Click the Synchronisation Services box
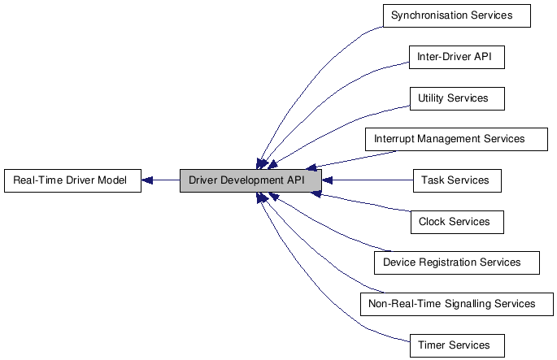pyautogui.click(x=455, y=15)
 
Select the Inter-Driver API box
pyautogui.click(x=456, y=57)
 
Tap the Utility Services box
pyautogui.click(x=456, y=98)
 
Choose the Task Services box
pyautogui.click(x=456, y=180)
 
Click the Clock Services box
pyautogui.click(x=456, y=222)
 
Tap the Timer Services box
pyautogui.click(x=456, y=345)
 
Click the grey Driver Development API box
pyautogui.click(x=250, y=180)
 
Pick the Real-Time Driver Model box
pyautogui.click(x=71, y=180)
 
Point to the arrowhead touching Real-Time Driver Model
pyautogui.click(x=147, y=180)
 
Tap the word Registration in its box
pyautogui.click(x=450, y=262)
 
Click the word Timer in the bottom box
pyautogui.click(x=432, y=345)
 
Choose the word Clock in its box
pyautogui.click(x=433, y=222)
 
